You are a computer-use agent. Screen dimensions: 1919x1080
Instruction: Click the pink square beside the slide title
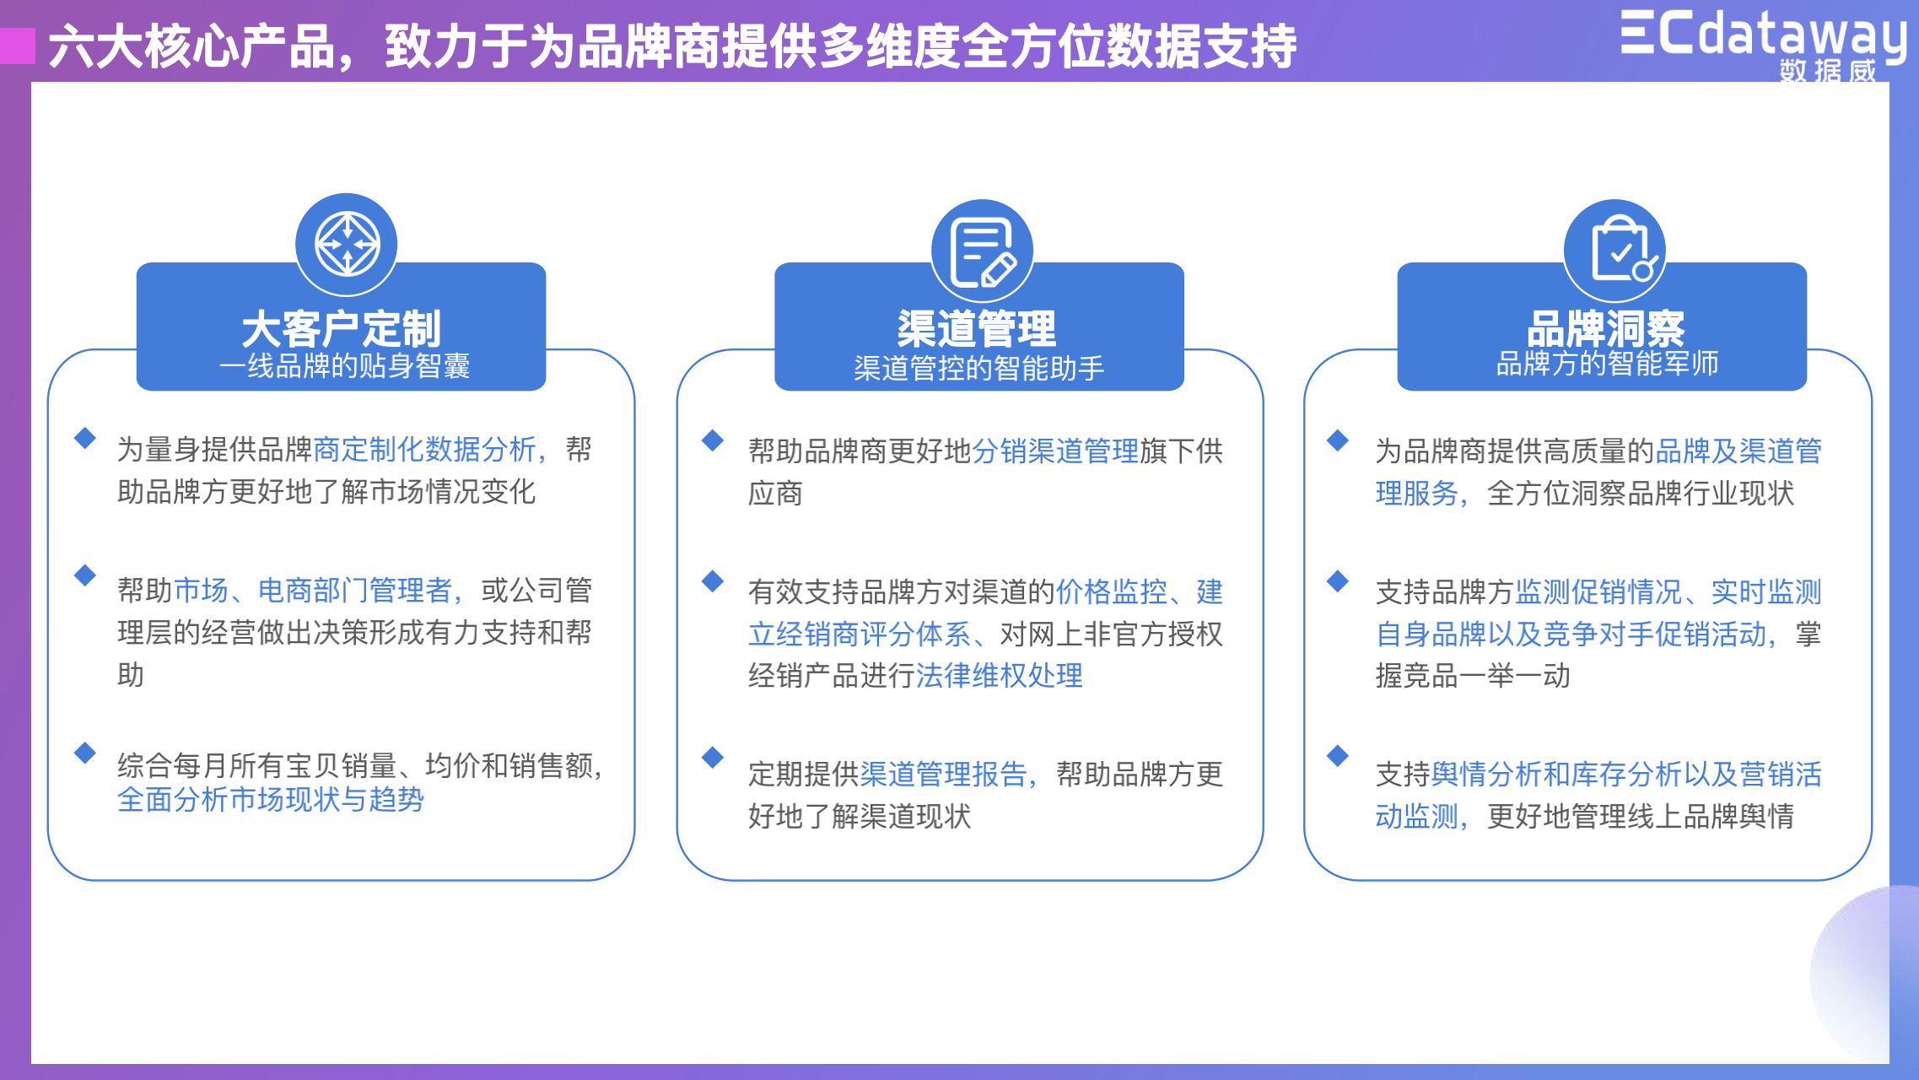pyautogui.click(x=17, y=46)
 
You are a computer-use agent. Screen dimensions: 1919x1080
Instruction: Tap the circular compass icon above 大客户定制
pyautogui.click(x=347, y=245)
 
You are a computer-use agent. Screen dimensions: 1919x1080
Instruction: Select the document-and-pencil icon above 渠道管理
pyautogui.click(x=982, y=251)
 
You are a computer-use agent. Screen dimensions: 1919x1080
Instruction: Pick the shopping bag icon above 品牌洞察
pyautogui.click(x=1614, y=251)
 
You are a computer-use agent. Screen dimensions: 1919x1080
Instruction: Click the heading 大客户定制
pyautogui.click(x=342, y=328)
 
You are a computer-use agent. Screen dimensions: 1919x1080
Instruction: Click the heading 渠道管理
pyautogui.click(x=977, y=328)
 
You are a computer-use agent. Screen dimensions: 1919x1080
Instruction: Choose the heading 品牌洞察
pyautogui.click(x=1606, y=328)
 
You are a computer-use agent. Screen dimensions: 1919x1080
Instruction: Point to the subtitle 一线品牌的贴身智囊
pyautogui.click(x=345, y=366)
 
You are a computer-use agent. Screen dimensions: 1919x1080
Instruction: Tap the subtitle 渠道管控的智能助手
pyautogui.click(x=979, y=368)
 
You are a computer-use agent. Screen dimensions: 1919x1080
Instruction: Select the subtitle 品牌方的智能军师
pyautogui.click(x=1607, y=364)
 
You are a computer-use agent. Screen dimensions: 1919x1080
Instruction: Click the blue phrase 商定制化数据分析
pyautogui.click(x=425, y=450)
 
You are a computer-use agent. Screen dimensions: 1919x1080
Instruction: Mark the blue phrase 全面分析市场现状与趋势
pyautogui.click(x=271, y=799)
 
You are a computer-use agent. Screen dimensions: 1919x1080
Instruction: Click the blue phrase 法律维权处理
pyautogui.click(x=1000, y=675)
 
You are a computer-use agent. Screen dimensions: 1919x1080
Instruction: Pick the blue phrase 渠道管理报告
pyautogui.click(x=943, y=774)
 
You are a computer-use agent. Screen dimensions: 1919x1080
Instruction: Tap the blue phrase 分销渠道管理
pyautogui.click(x=1056, y=451)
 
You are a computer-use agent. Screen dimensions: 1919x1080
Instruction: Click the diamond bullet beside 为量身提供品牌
pyautogui.click(x=85, y=438)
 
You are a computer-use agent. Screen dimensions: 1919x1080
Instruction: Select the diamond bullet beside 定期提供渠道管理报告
pyautogui.click(x=713, y=757)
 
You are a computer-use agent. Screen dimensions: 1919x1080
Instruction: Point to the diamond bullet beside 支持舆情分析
pyautogui.click(x=1338, y=755)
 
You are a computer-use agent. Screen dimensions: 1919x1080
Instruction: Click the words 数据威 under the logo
pyautogui.click(x=1828, y=71)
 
